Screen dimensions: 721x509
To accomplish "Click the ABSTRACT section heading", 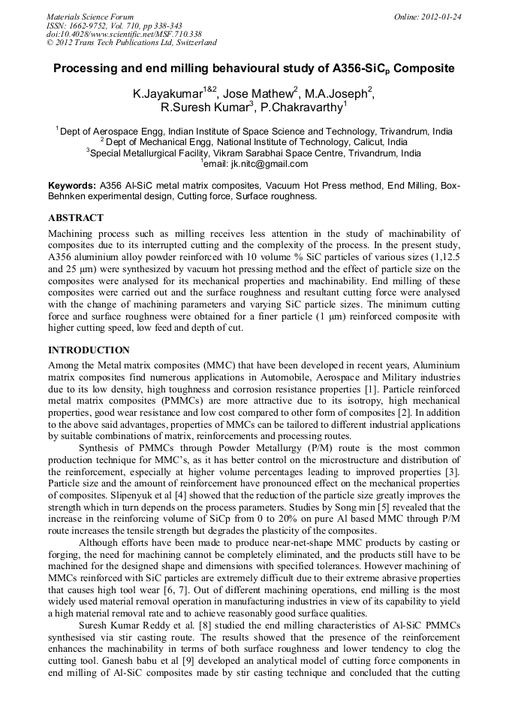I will click(76, 218).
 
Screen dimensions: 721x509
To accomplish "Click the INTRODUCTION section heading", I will click(89, 350).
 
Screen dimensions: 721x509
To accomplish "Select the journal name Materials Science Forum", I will click(90, 17).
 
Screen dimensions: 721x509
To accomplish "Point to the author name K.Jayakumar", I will click(167, 95).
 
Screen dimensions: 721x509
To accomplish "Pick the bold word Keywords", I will click(72, 186).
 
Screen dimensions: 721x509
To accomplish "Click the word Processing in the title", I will click(89, 68).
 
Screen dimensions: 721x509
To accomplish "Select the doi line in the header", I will click(124, 35).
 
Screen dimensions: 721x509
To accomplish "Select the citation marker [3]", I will click(453, 471).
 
